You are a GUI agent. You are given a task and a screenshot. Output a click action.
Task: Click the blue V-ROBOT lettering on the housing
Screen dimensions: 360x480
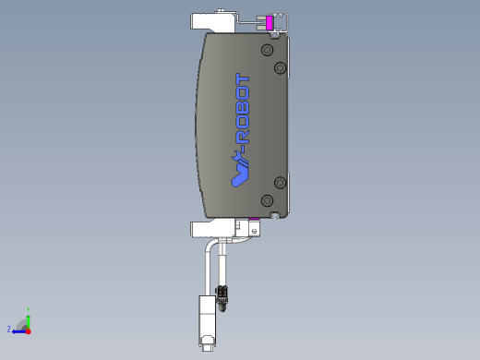(x=243, y=115)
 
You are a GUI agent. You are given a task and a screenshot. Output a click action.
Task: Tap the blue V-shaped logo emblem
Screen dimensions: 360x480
(x=240, y=173)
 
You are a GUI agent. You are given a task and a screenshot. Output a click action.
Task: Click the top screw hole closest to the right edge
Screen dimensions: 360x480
(x=281, y=67)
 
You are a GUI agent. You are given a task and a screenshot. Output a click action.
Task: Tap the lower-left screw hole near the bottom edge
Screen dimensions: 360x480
(x=267, y=200)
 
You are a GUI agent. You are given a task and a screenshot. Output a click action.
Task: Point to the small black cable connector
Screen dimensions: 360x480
(x=222, y=294)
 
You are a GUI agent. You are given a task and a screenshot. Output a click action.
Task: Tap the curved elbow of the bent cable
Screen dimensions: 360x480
(x=207, y=247)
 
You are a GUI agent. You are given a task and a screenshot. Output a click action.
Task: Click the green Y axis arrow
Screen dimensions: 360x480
(x=29, y=320)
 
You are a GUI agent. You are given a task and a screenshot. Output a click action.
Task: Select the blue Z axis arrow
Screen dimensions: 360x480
(x=18, y=330)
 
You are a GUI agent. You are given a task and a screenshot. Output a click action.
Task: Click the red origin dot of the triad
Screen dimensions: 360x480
(x=29, y=330)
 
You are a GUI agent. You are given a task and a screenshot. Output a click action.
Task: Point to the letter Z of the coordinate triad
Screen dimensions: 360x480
(x=9, y=329)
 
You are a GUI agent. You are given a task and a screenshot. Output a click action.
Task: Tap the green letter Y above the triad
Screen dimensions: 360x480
(x=29, y=310)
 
